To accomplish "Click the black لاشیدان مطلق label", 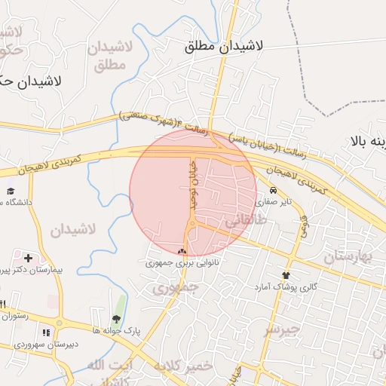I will coord(224,46).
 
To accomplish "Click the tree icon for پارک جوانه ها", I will coord(116,320).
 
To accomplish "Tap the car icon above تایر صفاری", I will coord(273,191).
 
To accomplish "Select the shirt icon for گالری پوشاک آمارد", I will coord(286,276).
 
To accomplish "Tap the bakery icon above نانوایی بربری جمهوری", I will coord(182,252).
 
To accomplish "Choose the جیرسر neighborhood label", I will coord(280,329).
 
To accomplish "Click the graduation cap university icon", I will coord(11,191).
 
